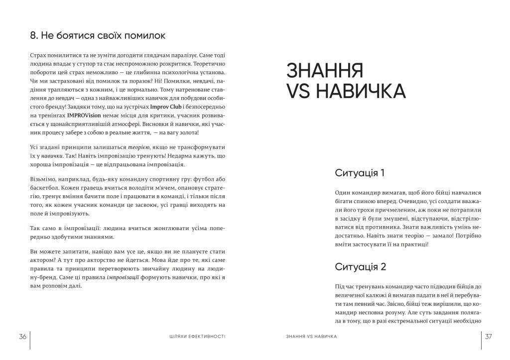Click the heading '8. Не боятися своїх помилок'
[98, 36]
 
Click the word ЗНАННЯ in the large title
[324, 71]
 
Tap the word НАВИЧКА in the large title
[361, 92]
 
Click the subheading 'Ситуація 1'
[360, 173]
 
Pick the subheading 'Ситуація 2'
[361, 266]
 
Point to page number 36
[22, 337]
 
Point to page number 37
[488, 337]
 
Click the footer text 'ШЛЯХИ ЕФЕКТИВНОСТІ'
[197, 337]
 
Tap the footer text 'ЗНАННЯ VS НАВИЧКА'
[312, 337]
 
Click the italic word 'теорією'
[139, 148]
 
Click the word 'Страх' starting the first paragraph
[38, 55]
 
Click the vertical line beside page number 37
[482, 340]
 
